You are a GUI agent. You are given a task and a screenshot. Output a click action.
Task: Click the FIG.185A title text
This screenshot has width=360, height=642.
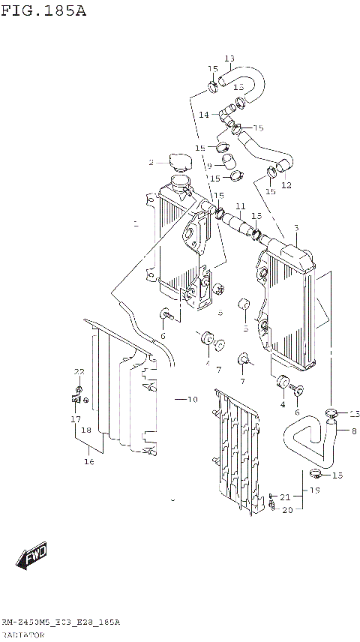click(44, 11)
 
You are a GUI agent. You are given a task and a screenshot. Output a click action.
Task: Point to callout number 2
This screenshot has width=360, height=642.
click(151, 162)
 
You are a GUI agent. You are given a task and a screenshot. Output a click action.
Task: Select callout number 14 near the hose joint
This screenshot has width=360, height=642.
click(204, 115)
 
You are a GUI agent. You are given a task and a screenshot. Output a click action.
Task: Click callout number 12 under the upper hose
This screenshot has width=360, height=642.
click(286, 185)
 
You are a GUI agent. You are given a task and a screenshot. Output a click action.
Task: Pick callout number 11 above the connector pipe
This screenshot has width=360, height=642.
click(240, 206)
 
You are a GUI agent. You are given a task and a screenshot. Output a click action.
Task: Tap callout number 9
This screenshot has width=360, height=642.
click(210, 166)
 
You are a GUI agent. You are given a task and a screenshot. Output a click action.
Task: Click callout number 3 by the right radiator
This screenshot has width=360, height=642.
click(296, 228)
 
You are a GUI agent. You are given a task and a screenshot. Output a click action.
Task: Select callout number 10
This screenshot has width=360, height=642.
click(192, 400)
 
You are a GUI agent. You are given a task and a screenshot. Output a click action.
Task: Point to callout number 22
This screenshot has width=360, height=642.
click(79, 372)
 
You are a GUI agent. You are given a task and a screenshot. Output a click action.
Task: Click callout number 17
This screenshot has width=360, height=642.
click(76, 419)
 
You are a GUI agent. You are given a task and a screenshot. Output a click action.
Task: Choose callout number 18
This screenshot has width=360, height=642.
click(86, 430)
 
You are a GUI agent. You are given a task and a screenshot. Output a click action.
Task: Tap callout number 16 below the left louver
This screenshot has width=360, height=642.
click(88, 462)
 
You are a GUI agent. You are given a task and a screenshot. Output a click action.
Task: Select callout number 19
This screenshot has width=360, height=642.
click(315, 490)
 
